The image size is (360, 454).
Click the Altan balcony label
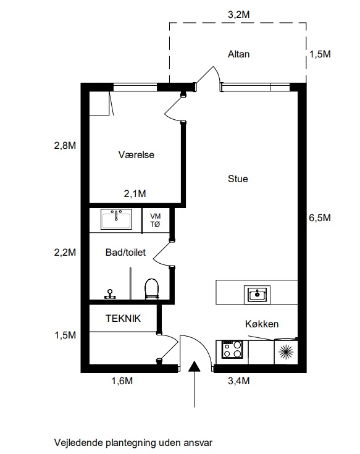tap(238, 54)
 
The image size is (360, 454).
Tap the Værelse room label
tap(136, 154)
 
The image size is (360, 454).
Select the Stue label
tap(238, 179)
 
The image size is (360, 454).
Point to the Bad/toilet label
tap(125, 252)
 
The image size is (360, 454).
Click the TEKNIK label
tap(123, 319)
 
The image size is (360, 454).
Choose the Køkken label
tap(262, 324)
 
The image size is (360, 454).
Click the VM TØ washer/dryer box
tap(156, 221)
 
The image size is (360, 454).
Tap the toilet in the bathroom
tap(152, 288)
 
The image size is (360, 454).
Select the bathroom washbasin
tap(116, 219)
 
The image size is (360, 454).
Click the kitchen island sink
tap(257, 295)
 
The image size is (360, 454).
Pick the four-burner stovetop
tap(232, 350)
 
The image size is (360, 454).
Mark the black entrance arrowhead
tap(194, 366)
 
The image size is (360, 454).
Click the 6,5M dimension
tap(320, 217)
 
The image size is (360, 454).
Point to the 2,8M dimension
tap(65, 145)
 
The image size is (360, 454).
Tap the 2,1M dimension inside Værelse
tap(135, 193)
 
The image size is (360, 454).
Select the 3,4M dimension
tap(239, 380)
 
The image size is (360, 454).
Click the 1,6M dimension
tap(122, 380)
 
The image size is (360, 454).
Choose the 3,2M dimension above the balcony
tap(239, 14)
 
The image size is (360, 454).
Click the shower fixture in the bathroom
tap(110, 294)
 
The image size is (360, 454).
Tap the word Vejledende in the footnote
tap(78, 443)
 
